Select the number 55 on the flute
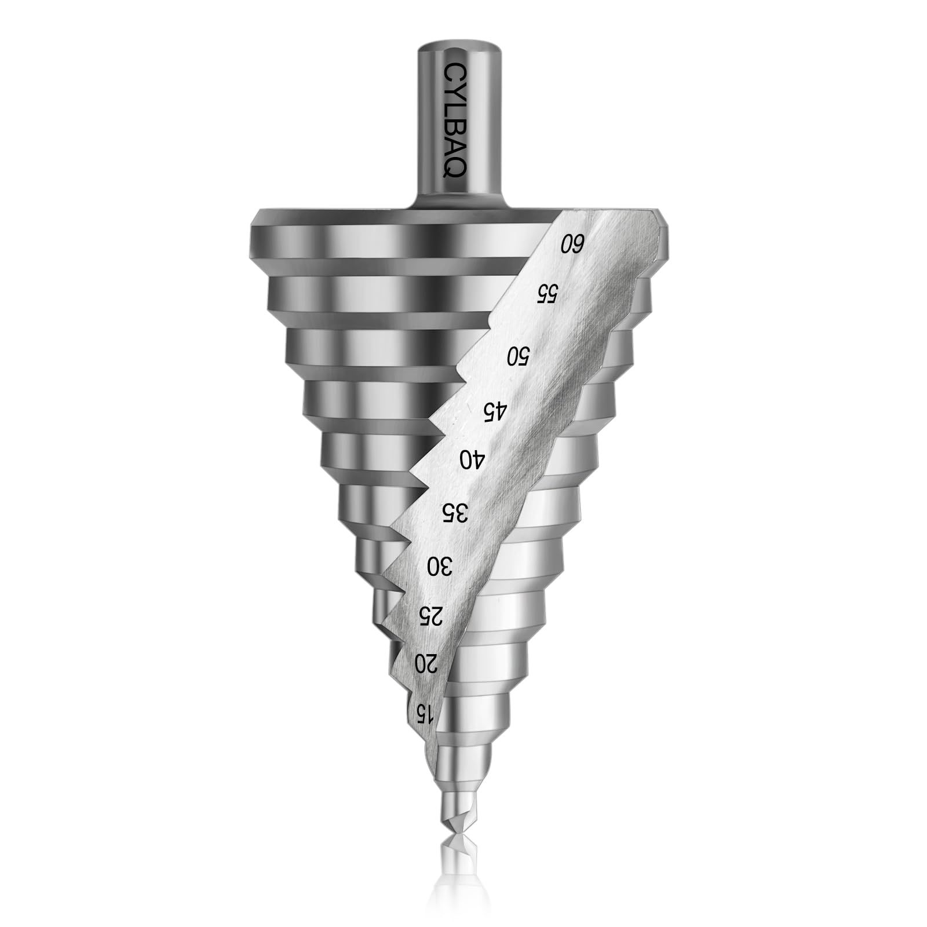546,293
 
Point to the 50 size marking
518,355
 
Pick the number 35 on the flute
455,512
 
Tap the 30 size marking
440,565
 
